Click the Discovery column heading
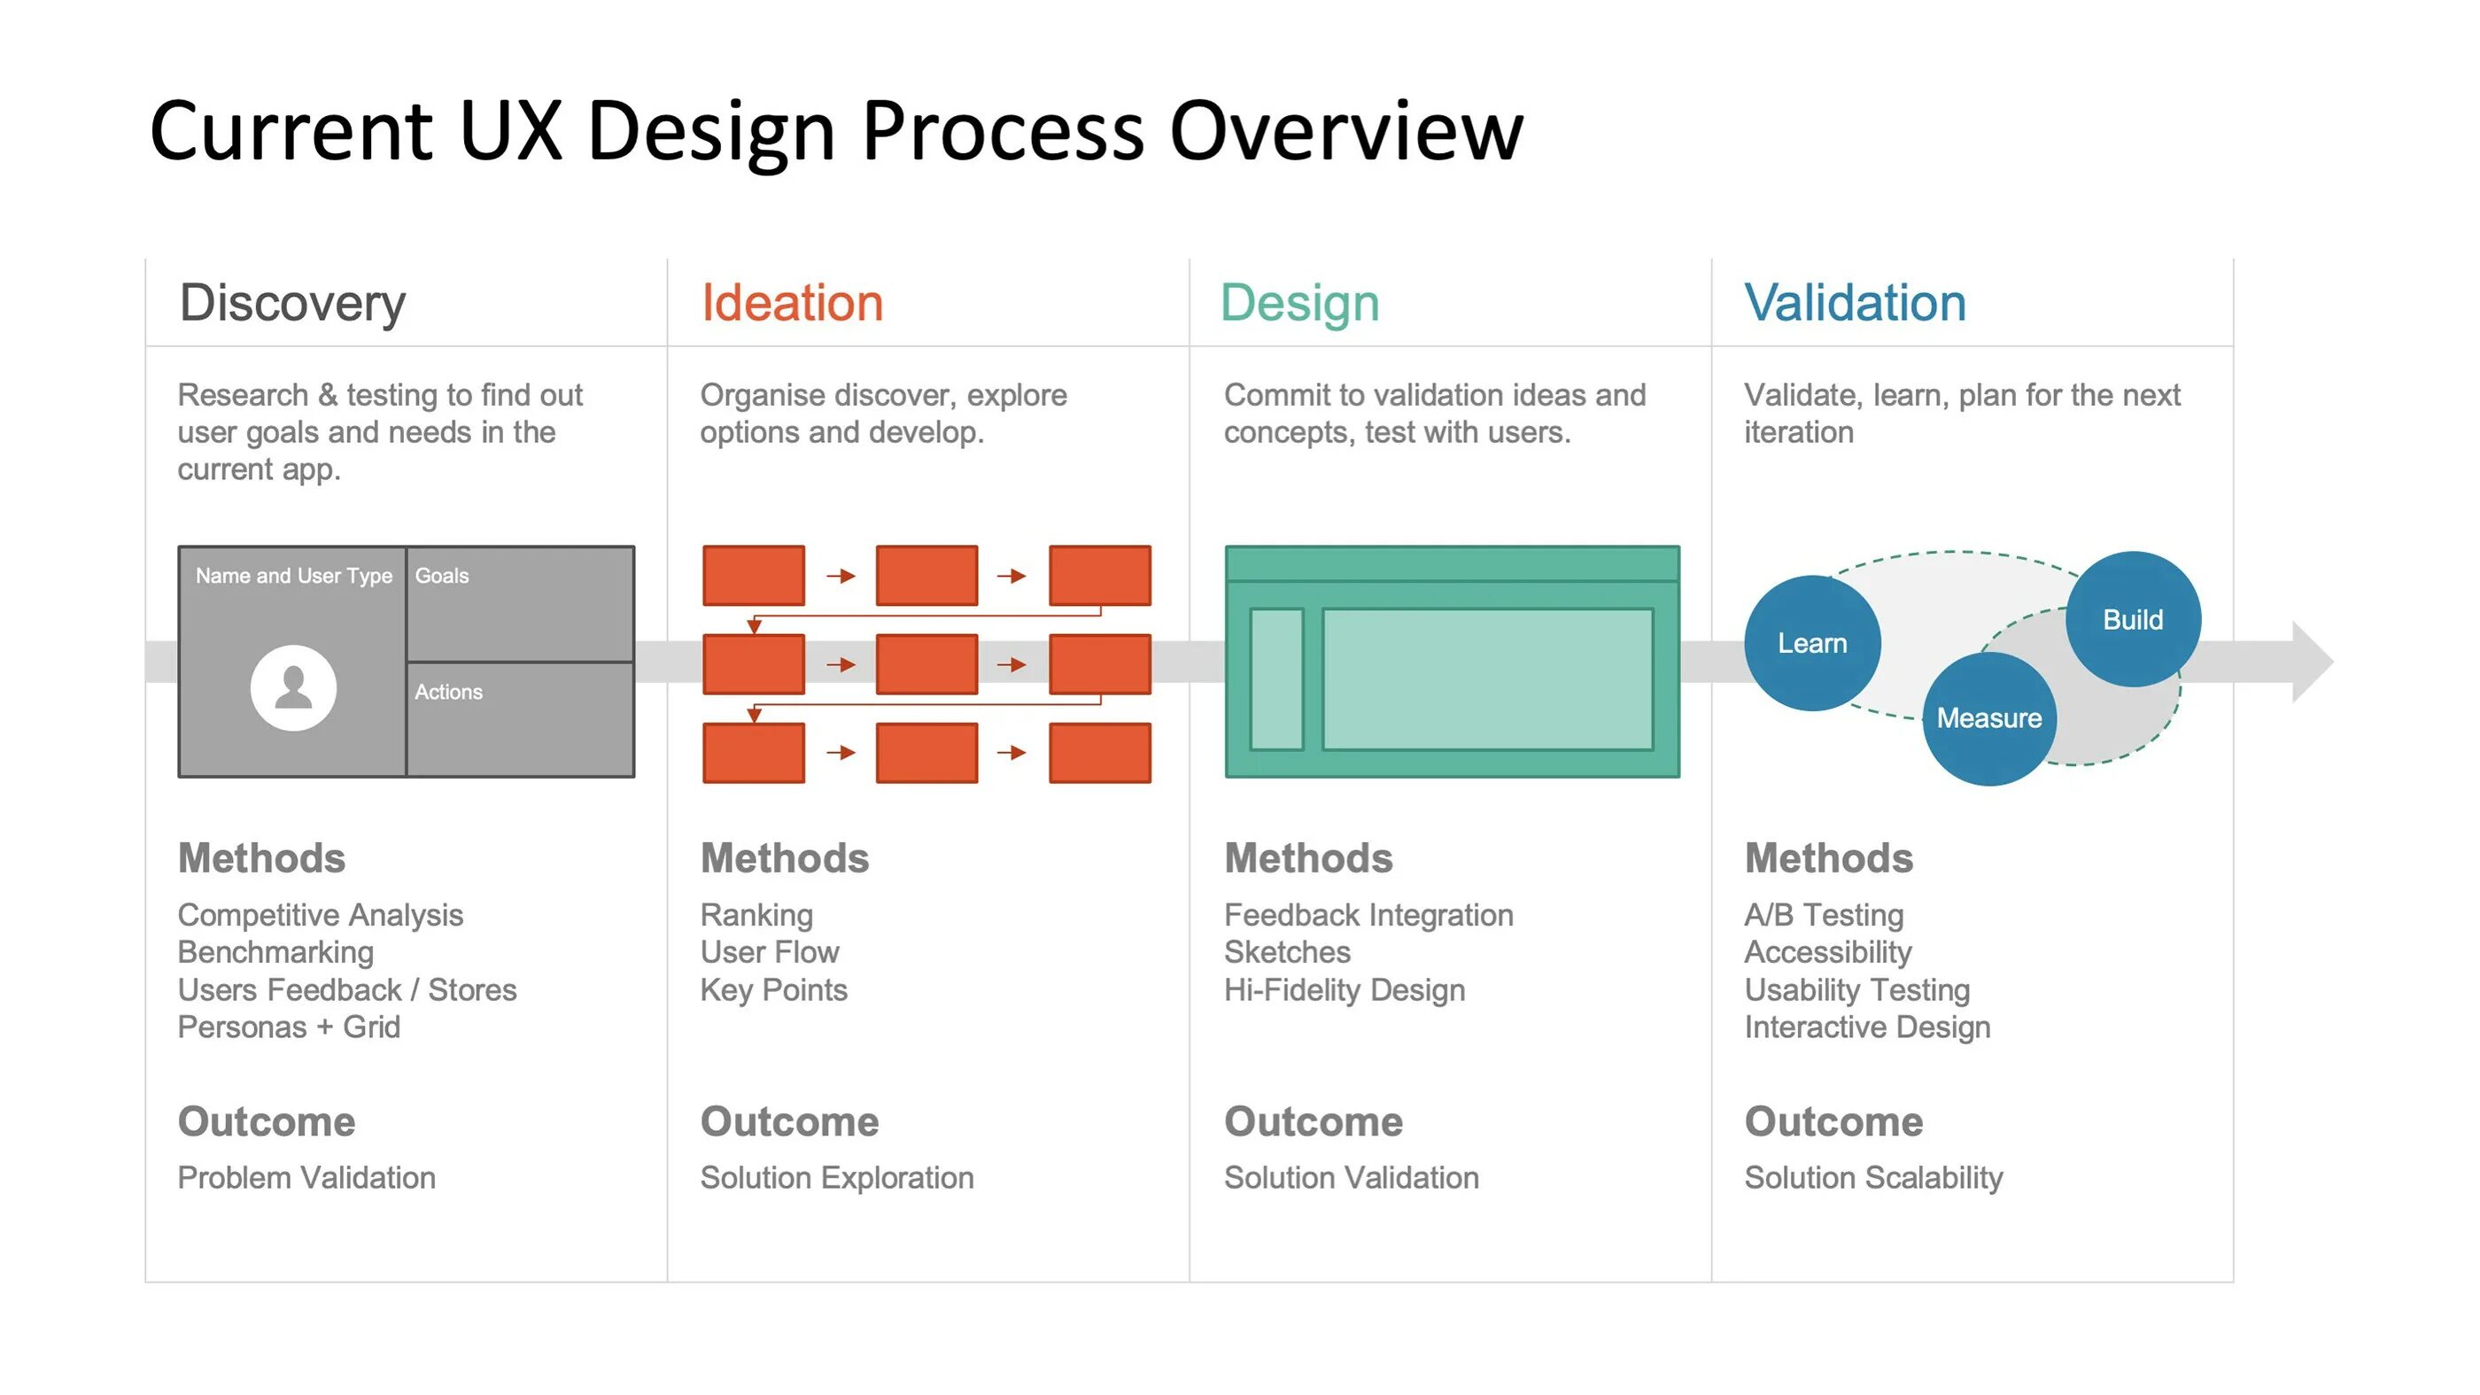point(291,303)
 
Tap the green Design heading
point(1298,303)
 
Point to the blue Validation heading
point(1854,303)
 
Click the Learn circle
point(1811,643)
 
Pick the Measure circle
point(1988,718)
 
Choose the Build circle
point(2133,619)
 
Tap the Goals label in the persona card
point(442,576)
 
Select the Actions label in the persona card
point(449,693)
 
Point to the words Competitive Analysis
point(320,915)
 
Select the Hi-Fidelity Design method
point(1344,989)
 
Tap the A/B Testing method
point(1824,915)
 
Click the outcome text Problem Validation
point(306,1177)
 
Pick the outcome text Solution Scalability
point(1872,1177)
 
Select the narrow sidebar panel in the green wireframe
point(1275,678)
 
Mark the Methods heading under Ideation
point(784,857)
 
